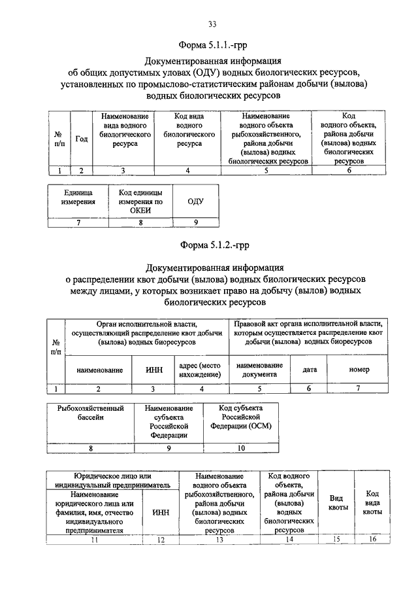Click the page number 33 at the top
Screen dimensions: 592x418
212,24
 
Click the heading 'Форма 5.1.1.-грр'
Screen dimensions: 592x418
212,45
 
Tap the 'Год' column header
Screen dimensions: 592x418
82,139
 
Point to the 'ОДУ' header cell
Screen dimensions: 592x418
195,201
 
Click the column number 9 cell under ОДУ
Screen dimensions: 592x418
195,223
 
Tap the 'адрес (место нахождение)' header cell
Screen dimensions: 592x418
200,370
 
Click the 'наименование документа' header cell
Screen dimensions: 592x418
259,370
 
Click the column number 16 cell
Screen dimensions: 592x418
372,540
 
